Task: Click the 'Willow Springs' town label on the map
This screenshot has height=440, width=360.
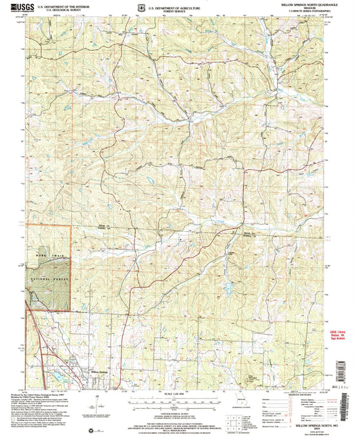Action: click(99, 370)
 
